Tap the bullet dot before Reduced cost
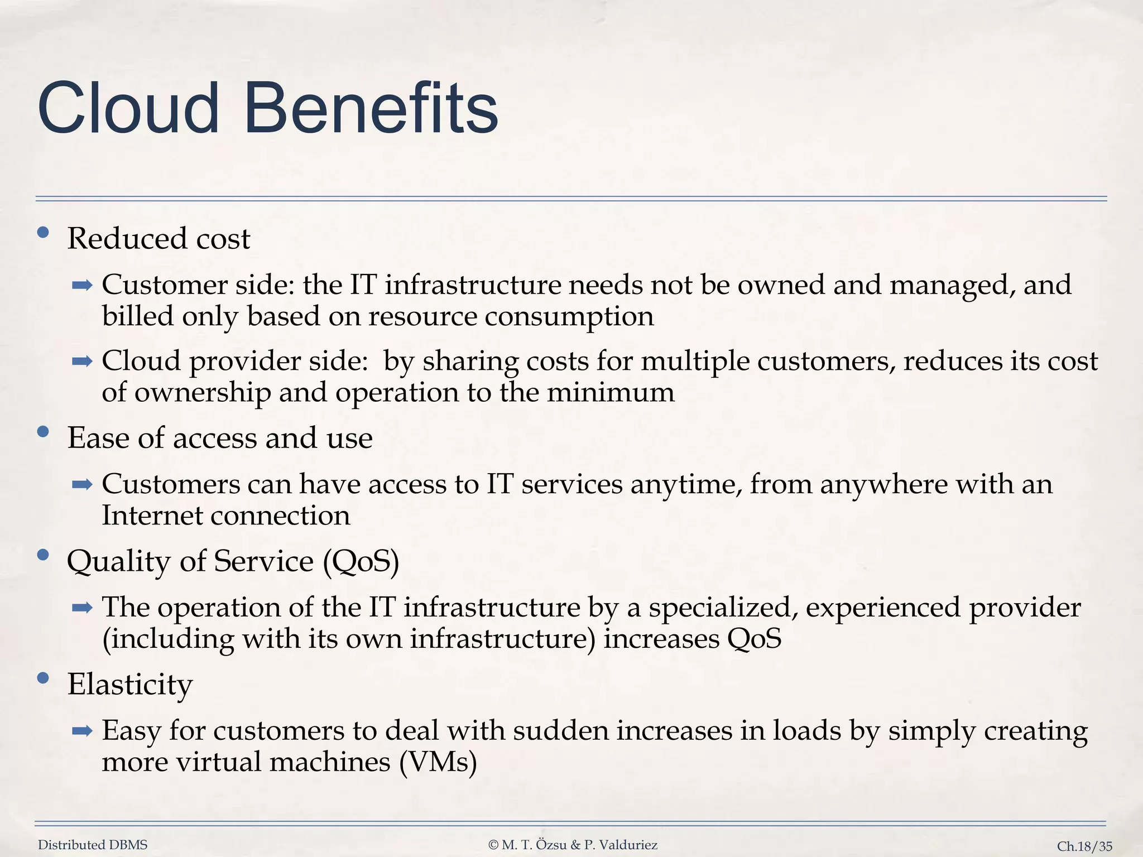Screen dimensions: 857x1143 43,233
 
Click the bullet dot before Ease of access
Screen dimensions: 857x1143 43,432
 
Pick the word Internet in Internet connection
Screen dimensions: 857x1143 152,515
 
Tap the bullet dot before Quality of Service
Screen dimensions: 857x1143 43,555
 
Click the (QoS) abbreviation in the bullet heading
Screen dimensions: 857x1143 361,561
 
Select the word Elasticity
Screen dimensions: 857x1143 130,684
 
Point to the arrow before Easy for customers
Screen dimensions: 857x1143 82,731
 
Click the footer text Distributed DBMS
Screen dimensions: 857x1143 93,845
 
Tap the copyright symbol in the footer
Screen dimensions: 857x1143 493,845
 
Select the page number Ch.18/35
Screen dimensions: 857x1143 1084,846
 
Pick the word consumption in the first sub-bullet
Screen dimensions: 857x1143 569,317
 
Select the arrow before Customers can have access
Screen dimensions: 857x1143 82,485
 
